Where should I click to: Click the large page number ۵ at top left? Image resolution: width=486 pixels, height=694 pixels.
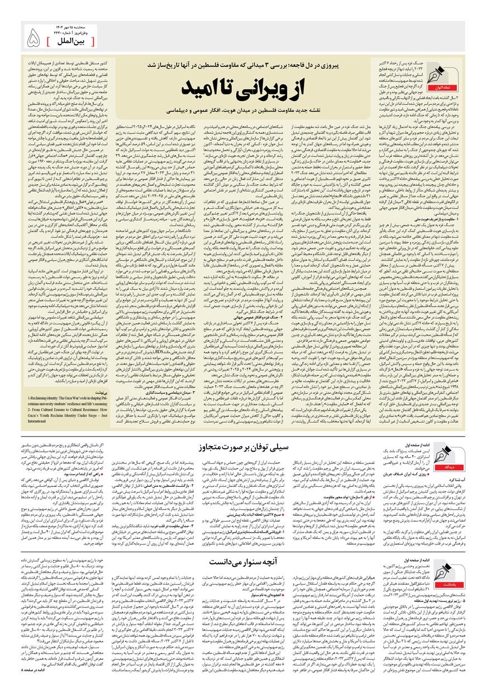pos(34,37)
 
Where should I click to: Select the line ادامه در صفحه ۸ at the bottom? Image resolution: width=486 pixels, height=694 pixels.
pos(34,683)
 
